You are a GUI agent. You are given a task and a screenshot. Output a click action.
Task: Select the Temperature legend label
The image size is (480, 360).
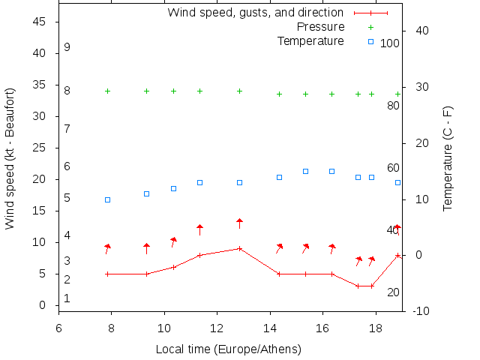[310, 40]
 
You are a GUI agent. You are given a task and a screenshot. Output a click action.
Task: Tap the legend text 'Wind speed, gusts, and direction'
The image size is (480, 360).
[255, 13]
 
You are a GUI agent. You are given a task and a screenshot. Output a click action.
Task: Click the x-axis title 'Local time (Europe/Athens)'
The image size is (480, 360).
[228, 349]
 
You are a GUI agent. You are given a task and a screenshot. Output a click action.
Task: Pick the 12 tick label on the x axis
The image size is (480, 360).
[217, 328]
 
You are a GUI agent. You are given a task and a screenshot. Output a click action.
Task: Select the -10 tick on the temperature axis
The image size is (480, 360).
[421, 311]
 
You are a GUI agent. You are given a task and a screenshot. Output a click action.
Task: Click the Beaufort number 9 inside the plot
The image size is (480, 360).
[67, 47]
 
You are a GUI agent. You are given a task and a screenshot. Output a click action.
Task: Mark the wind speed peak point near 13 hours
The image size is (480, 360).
[239, 248]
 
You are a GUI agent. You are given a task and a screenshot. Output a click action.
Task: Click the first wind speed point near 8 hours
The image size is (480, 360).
[107, 274]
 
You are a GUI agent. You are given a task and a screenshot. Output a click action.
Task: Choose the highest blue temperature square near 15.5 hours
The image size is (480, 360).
[305, 171]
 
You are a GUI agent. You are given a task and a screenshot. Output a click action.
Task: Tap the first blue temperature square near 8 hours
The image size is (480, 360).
[107, 199]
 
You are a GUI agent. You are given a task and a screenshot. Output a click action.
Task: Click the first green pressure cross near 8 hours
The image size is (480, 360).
[107, 91]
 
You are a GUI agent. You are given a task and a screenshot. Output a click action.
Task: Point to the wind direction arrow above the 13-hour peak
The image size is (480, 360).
[239, 223]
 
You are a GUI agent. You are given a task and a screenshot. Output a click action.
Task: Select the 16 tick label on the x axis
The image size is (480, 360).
[322, 328]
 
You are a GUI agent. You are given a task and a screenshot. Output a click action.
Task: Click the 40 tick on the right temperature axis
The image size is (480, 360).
[421, 31]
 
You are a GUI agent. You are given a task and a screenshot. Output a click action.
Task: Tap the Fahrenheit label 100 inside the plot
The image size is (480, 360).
[390, 43]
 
